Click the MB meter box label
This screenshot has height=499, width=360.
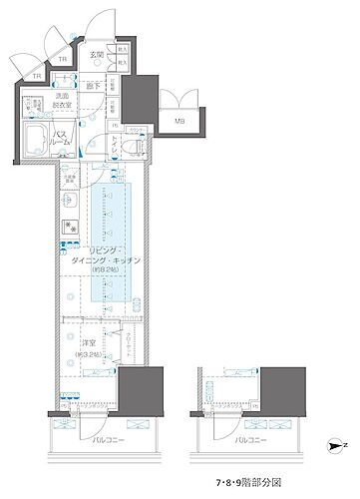[180, 122]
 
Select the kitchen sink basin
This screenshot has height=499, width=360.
[70, 200]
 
